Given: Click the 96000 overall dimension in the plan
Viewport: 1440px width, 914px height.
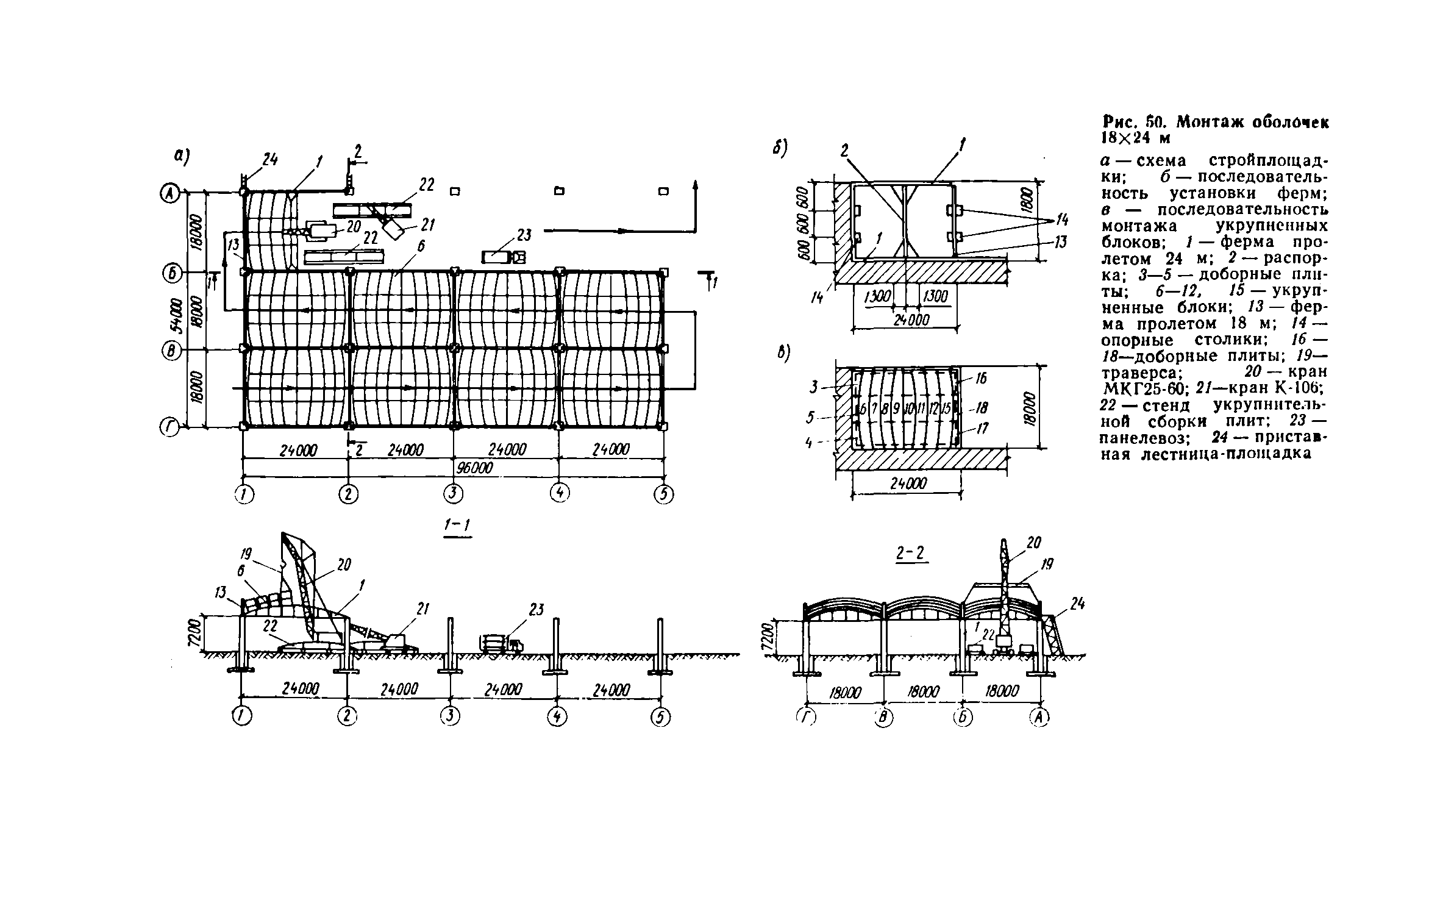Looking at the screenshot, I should click(474, 467).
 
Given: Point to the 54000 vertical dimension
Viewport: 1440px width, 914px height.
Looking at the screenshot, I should click(176, 315).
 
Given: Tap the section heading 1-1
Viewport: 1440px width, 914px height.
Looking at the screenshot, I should click(456, 526).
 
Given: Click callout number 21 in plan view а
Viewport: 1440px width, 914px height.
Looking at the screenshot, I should click(427, 225).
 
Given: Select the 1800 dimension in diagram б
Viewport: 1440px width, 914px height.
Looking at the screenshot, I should click(1028, 201).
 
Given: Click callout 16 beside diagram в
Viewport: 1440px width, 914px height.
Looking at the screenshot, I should click(980, 379).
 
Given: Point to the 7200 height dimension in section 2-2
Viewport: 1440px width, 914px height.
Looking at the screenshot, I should click(768, 638).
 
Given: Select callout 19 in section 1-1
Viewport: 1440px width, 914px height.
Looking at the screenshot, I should click(246, 554).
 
